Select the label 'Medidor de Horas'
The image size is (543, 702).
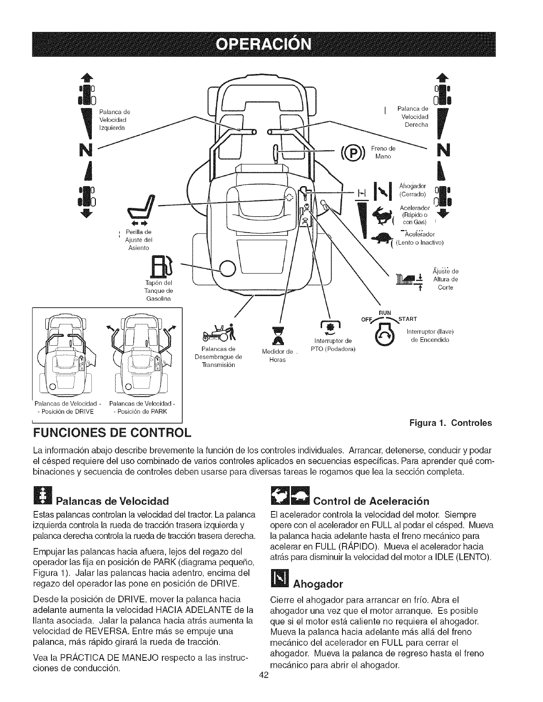click(x=278, y=356)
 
